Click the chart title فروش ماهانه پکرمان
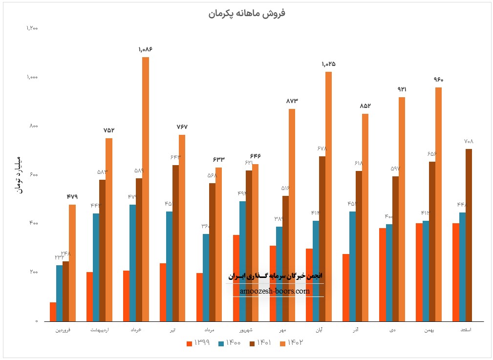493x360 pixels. (247, 13)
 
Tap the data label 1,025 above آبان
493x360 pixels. (329, 64)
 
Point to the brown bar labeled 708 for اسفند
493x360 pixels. (469, 235)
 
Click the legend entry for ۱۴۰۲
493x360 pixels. (293, 343)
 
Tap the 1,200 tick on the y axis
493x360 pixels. (32, 28)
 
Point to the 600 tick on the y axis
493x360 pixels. (33, 175)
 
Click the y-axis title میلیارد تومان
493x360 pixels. (19, 174)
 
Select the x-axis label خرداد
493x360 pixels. (136, 330)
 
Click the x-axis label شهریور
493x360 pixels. (246, 330)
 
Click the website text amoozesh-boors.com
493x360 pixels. (275, 291)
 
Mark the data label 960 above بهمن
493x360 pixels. (438, 80)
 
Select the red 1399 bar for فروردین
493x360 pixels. (53, 312)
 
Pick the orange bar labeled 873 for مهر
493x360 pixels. (292, 215)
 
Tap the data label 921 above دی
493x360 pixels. (402, 89)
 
